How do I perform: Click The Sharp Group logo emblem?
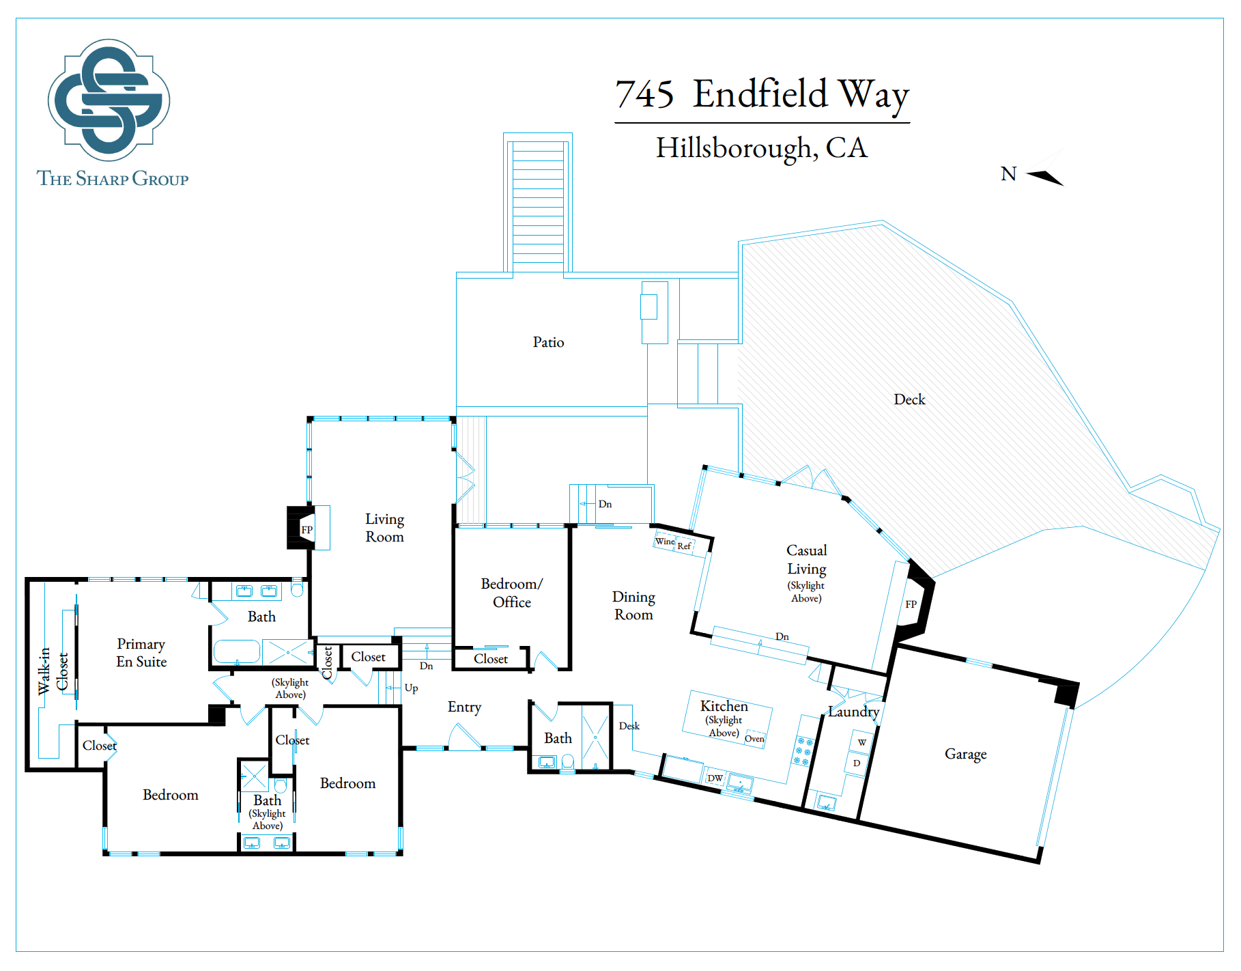(x=109, y=100)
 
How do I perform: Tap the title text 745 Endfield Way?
(x=762, y=94)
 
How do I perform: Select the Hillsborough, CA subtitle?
(x=762, y=148)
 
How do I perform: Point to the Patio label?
(x=548, y=342)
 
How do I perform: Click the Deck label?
(x=909, y=399)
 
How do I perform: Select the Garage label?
(x=965, y=755)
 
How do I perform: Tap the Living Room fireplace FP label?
(x=307, y=530)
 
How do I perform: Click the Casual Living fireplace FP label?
(x=911, y=604)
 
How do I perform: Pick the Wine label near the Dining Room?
(x=665, y=541)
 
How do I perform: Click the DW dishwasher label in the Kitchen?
(x=715, y=778)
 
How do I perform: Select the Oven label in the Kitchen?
(x=754, y=738)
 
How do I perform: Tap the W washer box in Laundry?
(x=861, y=742)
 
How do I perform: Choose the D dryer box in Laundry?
(x=857, y=763)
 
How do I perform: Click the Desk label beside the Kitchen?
(x=629, y=726)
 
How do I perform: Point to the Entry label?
(x=464, y=707)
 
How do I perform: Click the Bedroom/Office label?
(x=511, y=593)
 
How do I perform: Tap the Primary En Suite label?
(x=141, y=653)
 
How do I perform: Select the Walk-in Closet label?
(x=53, y=671)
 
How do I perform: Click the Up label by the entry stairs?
(x=411, y=688)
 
